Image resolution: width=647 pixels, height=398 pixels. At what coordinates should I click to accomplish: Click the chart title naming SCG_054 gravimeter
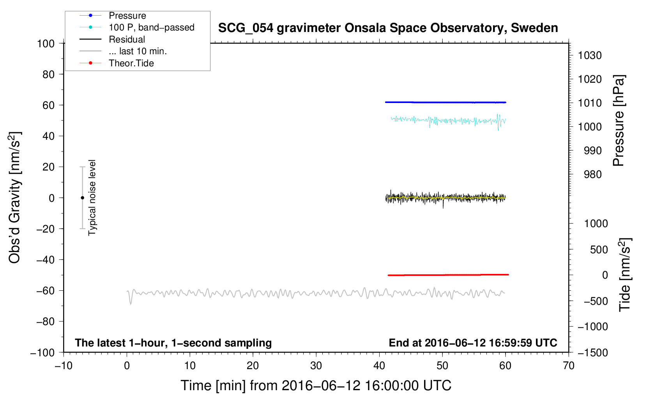tap(388, 28)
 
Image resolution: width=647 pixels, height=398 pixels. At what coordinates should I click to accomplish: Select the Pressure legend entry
tap(113, 15)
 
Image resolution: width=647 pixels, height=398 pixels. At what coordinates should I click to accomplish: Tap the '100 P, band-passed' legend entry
tap(137, 27)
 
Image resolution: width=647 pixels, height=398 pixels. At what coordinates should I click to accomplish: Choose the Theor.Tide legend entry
tap(117, 63)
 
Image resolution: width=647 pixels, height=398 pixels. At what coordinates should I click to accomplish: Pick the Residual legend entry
tap(112, 39)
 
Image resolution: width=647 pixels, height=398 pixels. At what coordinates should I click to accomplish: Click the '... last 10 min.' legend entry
tap(123, 51)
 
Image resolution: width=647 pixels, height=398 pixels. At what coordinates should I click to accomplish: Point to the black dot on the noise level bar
tap(82, 198)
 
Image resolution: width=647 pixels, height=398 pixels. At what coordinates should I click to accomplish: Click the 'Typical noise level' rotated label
tap(92, 198)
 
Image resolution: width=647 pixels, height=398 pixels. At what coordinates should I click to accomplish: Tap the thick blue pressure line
tap(445, 102)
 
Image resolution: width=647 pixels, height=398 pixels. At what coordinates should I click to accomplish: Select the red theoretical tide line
tap(448, 275)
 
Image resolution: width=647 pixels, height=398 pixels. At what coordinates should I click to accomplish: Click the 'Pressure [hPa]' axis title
tap(619, 121)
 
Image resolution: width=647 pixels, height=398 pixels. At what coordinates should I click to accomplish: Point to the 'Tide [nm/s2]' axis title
tap(625, 275)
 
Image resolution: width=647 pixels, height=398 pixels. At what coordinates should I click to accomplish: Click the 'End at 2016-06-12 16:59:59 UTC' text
tap(473, 343)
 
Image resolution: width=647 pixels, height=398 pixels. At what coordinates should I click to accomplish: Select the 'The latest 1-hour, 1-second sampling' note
tap(173, 343)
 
